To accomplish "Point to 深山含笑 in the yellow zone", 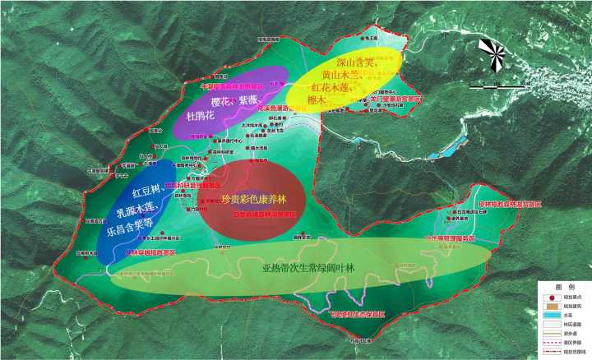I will tap(355, 62).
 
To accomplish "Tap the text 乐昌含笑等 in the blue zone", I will tap(131, 231).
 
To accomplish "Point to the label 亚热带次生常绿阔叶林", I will tap(308, 268).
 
